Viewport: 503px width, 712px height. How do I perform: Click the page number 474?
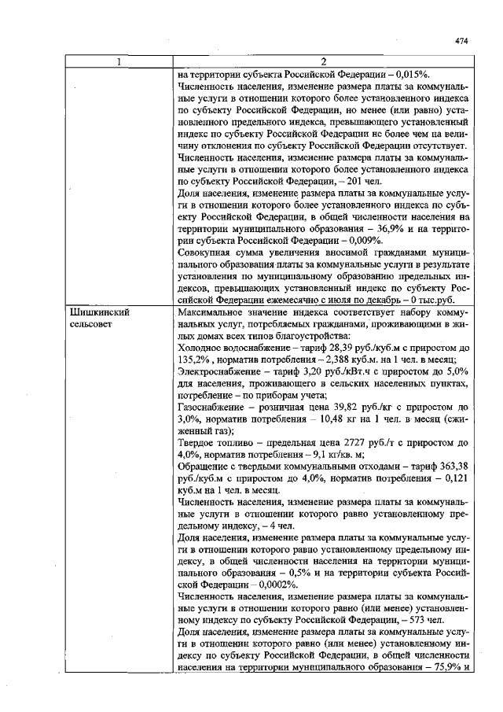coord(461,42)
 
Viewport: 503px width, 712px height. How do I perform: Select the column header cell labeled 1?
coord(119,62)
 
